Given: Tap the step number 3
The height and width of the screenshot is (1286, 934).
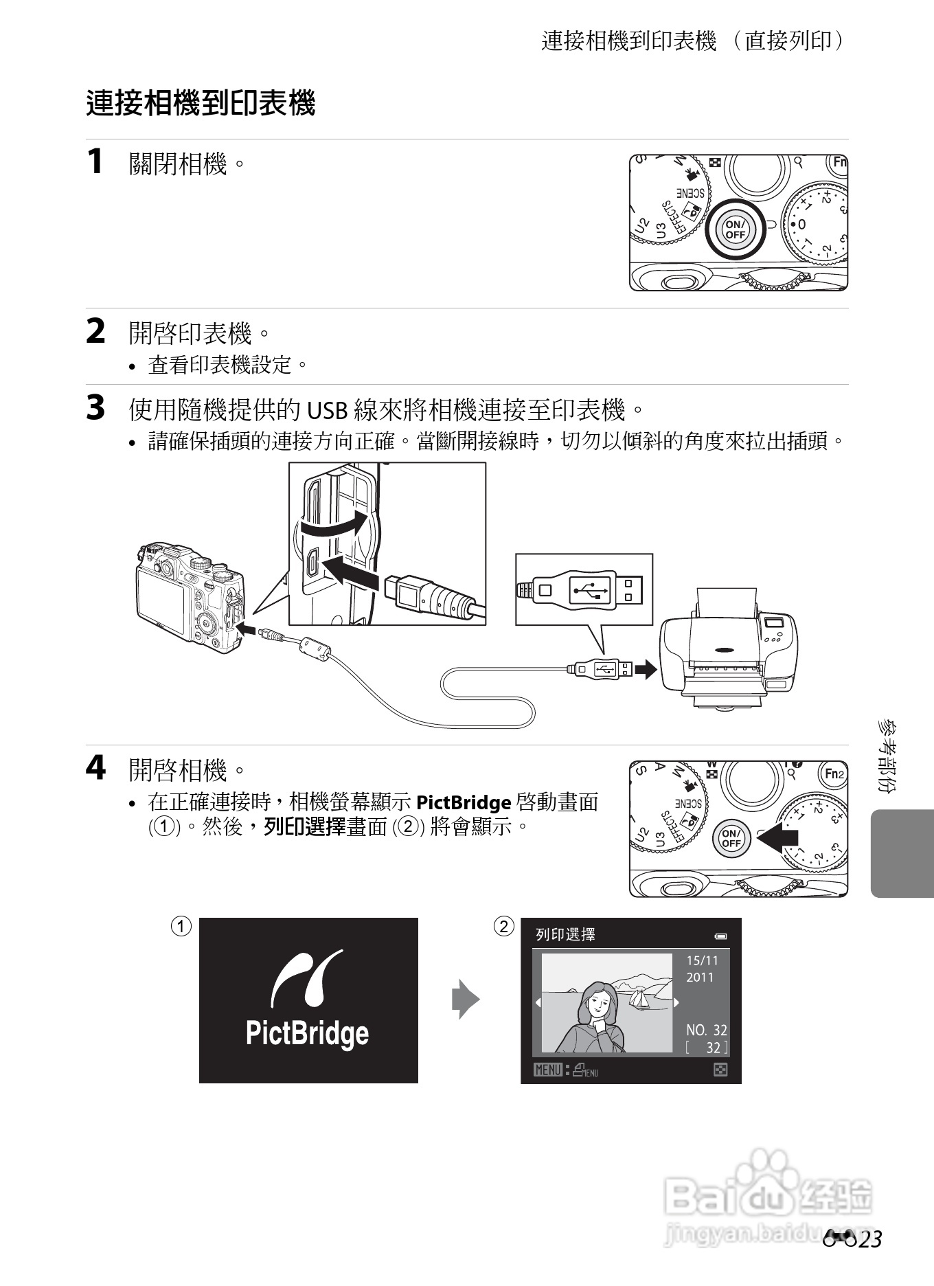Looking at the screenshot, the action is [x=95, y=407].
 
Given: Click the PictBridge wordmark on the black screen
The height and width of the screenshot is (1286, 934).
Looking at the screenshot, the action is [x=307, y=1033].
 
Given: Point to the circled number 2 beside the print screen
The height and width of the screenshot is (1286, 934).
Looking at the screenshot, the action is [x=503, y=927].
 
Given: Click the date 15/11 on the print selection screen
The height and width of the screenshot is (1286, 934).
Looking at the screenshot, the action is [x=702, y=960].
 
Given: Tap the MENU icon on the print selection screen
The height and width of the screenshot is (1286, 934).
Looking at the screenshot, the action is [x=548, y=1070].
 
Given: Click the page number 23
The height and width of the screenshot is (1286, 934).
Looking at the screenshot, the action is [x=867, y=1239].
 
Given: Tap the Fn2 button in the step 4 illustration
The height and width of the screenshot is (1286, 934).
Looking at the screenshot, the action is [x=834, y=774].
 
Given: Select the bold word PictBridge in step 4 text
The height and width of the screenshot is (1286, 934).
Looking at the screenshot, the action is [x=464, y=802].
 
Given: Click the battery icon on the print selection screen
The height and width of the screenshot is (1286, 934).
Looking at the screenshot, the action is [x=720, y=936].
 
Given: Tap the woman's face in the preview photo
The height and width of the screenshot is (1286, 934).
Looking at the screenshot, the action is [x=600, y=1003].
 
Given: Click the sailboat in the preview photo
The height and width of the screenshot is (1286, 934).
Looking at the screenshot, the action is [x=640, y=998].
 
